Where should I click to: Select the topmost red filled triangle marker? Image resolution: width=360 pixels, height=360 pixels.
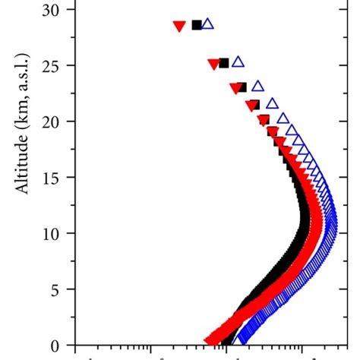(179, 27)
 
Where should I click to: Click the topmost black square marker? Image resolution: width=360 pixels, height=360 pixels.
(197, 25)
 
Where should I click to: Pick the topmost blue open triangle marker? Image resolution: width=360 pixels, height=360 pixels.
(207, 24)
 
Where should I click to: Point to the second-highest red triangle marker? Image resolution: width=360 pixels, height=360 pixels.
(213, 64)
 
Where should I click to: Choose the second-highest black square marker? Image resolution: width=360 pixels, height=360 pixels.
(223, 63)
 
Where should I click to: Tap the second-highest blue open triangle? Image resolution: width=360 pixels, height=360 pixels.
(238, 62)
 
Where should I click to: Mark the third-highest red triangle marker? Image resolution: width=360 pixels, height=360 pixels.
(235, 88)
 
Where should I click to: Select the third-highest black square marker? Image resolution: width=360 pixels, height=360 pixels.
(242, 87)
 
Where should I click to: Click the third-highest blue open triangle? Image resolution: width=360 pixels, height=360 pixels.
(257, 86)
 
